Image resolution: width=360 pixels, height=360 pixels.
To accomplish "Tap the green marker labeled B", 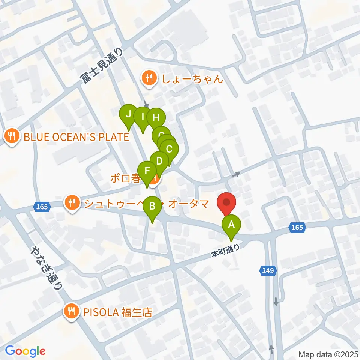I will pos(152,206).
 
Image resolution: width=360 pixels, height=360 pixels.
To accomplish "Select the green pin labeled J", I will pos(129,114).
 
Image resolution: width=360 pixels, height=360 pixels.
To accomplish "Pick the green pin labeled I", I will pos(142,117).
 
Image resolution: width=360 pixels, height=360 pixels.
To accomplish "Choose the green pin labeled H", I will pos(156,118).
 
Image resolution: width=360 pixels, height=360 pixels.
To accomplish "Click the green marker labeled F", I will pos(147,171).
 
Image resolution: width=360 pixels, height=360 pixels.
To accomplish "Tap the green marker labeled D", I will pos(159,161).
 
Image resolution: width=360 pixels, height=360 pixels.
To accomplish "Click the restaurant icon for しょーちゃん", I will pos(149,78).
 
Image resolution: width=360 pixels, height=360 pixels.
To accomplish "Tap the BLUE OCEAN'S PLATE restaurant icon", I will pos(12,137).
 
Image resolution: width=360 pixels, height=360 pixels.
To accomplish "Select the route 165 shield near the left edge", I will pos(42,207).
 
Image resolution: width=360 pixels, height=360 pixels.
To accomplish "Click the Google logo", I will pos(25,351).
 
